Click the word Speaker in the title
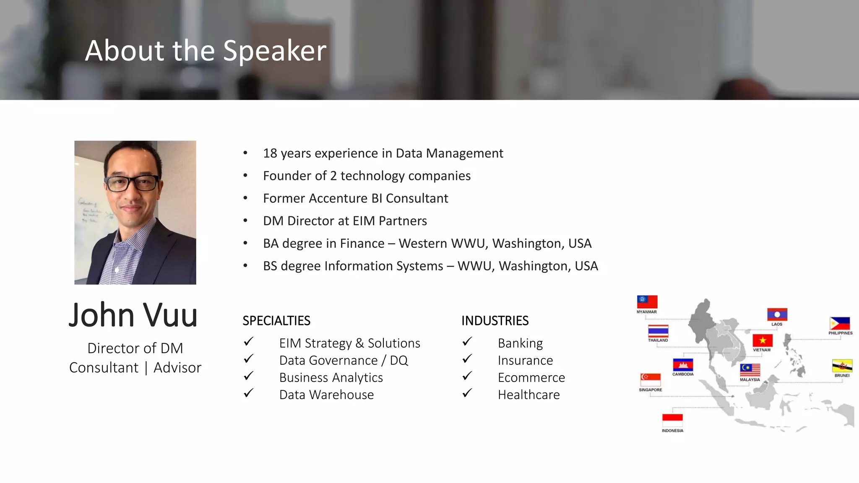tap(274, 51)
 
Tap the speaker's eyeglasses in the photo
tap(132, 183)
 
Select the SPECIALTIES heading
tap(276, 321)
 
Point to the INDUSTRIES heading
tap(495, 321)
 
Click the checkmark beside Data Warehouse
tap(248, 393)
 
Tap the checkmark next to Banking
tap(467, 342)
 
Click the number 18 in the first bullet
tap(270, 153)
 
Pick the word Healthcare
tap(528, 395)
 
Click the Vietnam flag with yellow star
tap(763, 340)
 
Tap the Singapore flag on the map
tap(650, 380)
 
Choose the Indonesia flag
tap(672, 421)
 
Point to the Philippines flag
tap(840, 324)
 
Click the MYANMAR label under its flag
tap(646, 312)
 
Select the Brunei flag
tap(842, 366)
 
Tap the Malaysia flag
tap(750, 370)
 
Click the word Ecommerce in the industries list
tap(531, 378)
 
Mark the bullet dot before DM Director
tap(245, 221)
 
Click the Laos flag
tap(777, 314)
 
